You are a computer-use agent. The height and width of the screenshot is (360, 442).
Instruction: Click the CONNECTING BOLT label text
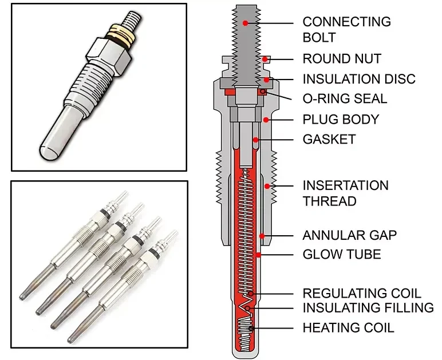pos(346,30)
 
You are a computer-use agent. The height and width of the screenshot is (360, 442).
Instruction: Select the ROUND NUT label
pos(341,59)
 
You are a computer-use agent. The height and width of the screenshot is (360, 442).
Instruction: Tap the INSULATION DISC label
pos(359,79)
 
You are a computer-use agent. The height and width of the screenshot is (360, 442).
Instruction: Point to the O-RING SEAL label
pos(345,98)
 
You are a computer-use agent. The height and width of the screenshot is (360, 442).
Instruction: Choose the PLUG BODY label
pos(341,120)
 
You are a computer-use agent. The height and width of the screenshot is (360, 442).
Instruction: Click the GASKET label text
pos(329,139)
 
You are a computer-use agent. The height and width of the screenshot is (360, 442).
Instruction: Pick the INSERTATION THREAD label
pos(345,193)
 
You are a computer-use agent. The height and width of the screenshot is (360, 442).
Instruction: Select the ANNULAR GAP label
pos(349,235)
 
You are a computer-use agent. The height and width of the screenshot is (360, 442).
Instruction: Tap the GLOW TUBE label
pos(341,254)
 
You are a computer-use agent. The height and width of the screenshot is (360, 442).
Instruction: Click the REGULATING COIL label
pos(362,294)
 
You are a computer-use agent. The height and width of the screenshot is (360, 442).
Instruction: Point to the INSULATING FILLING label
pos(368,308)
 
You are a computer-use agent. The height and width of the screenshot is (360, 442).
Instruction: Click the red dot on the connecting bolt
pos(246,23)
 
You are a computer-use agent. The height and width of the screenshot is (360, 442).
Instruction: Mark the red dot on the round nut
pos(265,59)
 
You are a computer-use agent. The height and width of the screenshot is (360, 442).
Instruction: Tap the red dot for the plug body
pos(266,120)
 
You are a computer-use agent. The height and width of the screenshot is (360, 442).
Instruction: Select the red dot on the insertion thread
pos(267,185)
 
